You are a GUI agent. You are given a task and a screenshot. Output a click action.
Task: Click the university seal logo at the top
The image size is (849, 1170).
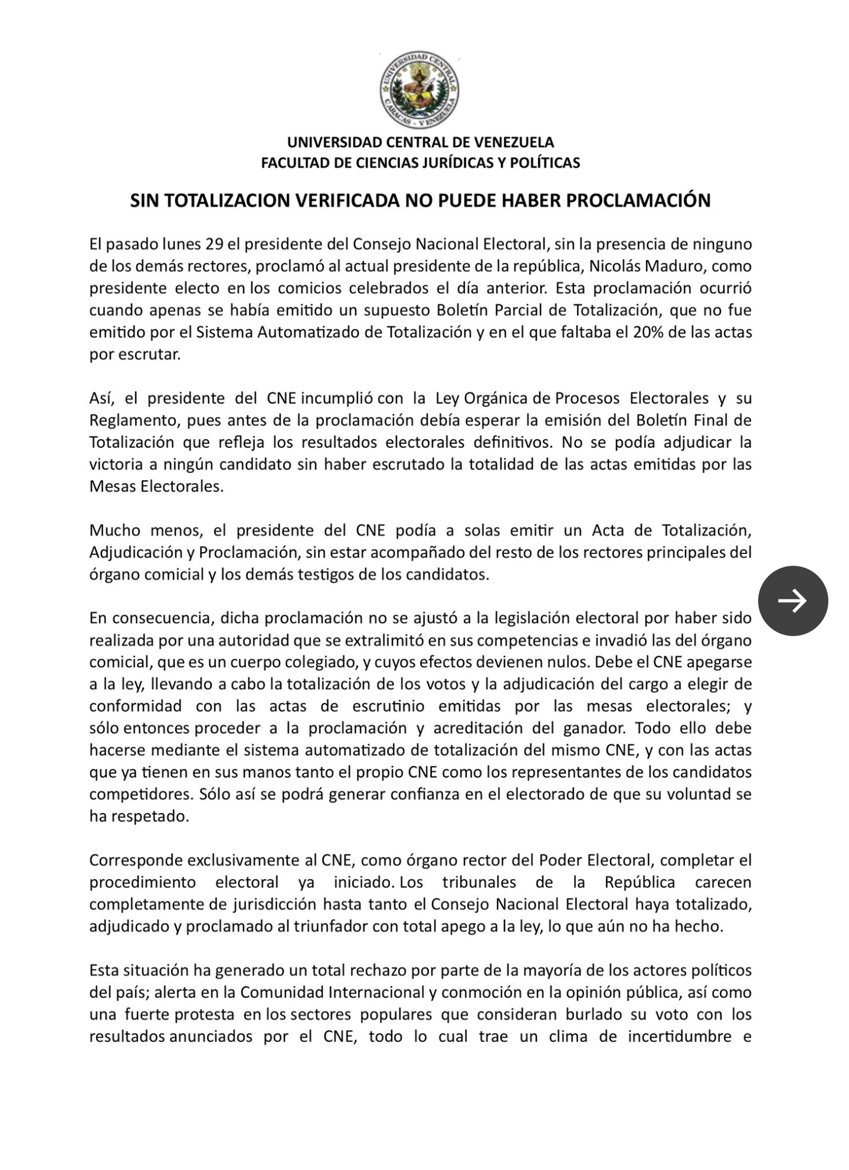pos(419,90)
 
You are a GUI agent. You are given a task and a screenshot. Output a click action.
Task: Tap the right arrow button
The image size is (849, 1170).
pos(792,601)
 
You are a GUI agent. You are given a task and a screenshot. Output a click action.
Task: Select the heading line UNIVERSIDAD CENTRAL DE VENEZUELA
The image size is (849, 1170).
pos(420,142)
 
